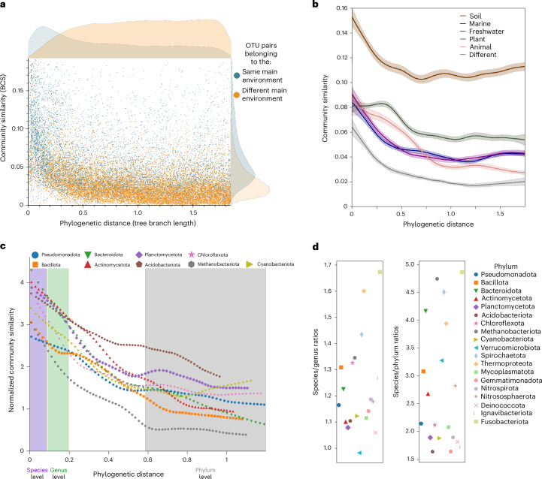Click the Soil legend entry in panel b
(x=471, y=17)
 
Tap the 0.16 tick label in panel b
(x=341, y=8)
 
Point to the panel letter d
(x=315, y=247)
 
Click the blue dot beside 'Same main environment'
(x=237, y=76)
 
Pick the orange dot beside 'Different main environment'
(x=237, y=95)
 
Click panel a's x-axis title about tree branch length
(x=128, y=223)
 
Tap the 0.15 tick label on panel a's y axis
(x=18, y=91)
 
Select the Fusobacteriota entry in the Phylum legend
(x=501, y=422)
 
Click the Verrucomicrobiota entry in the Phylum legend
(x=507, y=348)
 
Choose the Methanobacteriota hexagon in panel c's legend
(x=192, y=264)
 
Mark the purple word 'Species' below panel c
(x=37, y=470)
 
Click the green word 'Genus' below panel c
(x=59, y=470)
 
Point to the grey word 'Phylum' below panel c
(x=205, y=470)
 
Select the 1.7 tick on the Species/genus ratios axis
(x=328, y=265)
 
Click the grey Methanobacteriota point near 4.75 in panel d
(x=437, y=279)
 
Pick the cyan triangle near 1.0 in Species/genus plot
(x=359, y=453)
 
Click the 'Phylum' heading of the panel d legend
(x=506, y=267)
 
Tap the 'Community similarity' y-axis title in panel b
(x=325, y=108)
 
